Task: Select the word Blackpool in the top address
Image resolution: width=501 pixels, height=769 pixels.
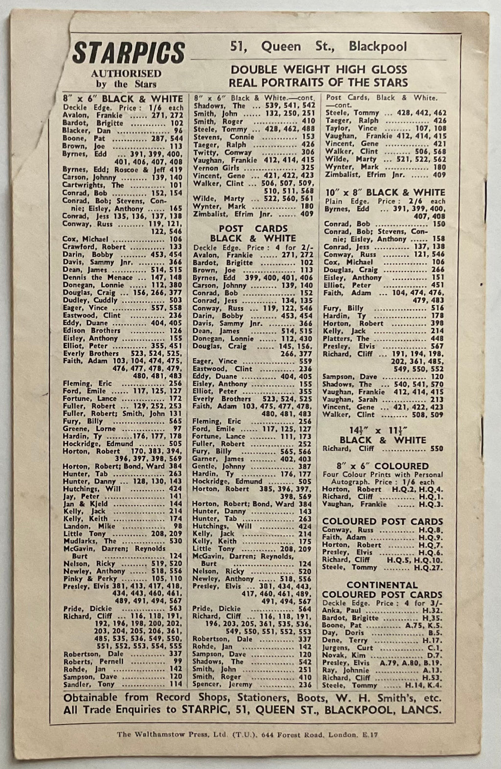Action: [377, 46]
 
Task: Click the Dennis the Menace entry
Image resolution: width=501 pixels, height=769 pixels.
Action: [97, 277]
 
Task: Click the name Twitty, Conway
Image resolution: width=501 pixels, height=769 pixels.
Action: [216, 152]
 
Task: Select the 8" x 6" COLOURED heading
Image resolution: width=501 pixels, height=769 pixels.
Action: [375, 466]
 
